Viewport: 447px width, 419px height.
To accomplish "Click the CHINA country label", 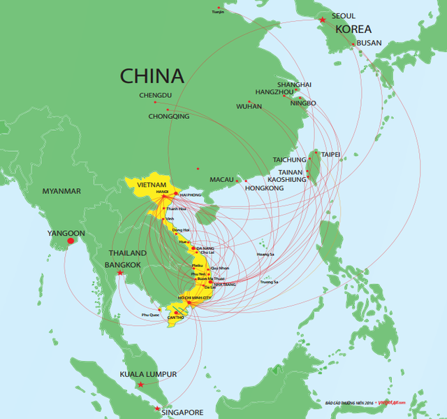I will click(x=152, y=76).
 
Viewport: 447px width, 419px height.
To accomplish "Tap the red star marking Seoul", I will click(x=322, y=20).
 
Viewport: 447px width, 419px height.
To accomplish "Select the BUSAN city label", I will click(x=369, y=43).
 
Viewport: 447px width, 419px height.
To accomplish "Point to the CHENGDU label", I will click(x=155, y=95).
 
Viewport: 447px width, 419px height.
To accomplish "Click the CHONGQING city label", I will click(x=169, y=116).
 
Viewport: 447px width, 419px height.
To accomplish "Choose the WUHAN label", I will click(x=249, y=106).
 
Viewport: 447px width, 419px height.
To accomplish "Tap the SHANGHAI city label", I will click(x=294, y=85).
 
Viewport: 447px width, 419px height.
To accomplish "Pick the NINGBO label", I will click(x=302, y=103).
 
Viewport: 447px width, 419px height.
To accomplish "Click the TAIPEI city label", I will click(x=330, y=154).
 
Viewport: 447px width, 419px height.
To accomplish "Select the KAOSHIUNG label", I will click(x=287, y=180).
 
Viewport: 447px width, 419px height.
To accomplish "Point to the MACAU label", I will click(x=221, y=180).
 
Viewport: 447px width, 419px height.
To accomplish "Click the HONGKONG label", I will click(x=265, y=188).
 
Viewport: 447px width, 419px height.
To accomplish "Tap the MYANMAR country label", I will click(x=61, y=191).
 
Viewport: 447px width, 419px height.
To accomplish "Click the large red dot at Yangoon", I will click(x=70, y=241).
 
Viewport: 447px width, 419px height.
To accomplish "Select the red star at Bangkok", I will click(x=120, y=273).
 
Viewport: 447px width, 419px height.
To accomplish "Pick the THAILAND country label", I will click(x=127, y=253).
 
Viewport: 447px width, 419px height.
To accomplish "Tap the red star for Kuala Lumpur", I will click(x=141, y=385).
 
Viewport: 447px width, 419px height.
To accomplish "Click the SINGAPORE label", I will click(x=182, y=413).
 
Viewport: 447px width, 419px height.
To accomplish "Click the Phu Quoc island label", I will click(x=150, y=315).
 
